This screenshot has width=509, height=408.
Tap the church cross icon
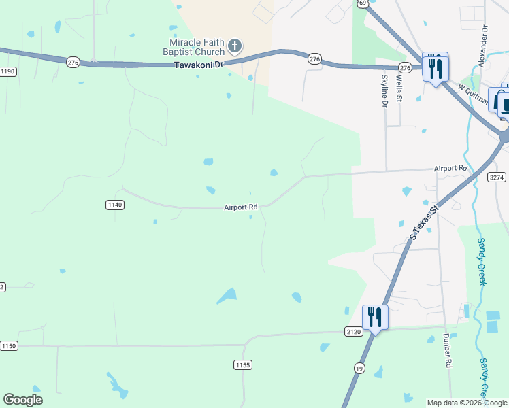[234, 46]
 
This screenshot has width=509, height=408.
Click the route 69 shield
[363, 3]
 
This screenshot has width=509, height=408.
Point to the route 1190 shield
[7, 71]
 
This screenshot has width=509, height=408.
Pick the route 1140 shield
[114, 205]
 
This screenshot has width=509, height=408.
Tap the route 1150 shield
[8, 346]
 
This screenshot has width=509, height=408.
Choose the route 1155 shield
[243, 365]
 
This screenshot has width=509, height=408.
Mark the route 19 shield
[359, 368]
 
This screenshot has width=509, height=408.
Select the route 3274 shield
[497, 177]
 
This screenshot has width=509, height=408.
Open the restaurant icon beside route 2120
[375, 316]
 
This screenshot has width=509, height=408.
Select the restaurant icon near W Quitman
[435, 67]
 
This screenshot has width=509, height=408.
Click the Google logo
[22, 400]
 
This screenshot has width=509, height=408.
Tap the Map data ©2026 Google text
[467, 403]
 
